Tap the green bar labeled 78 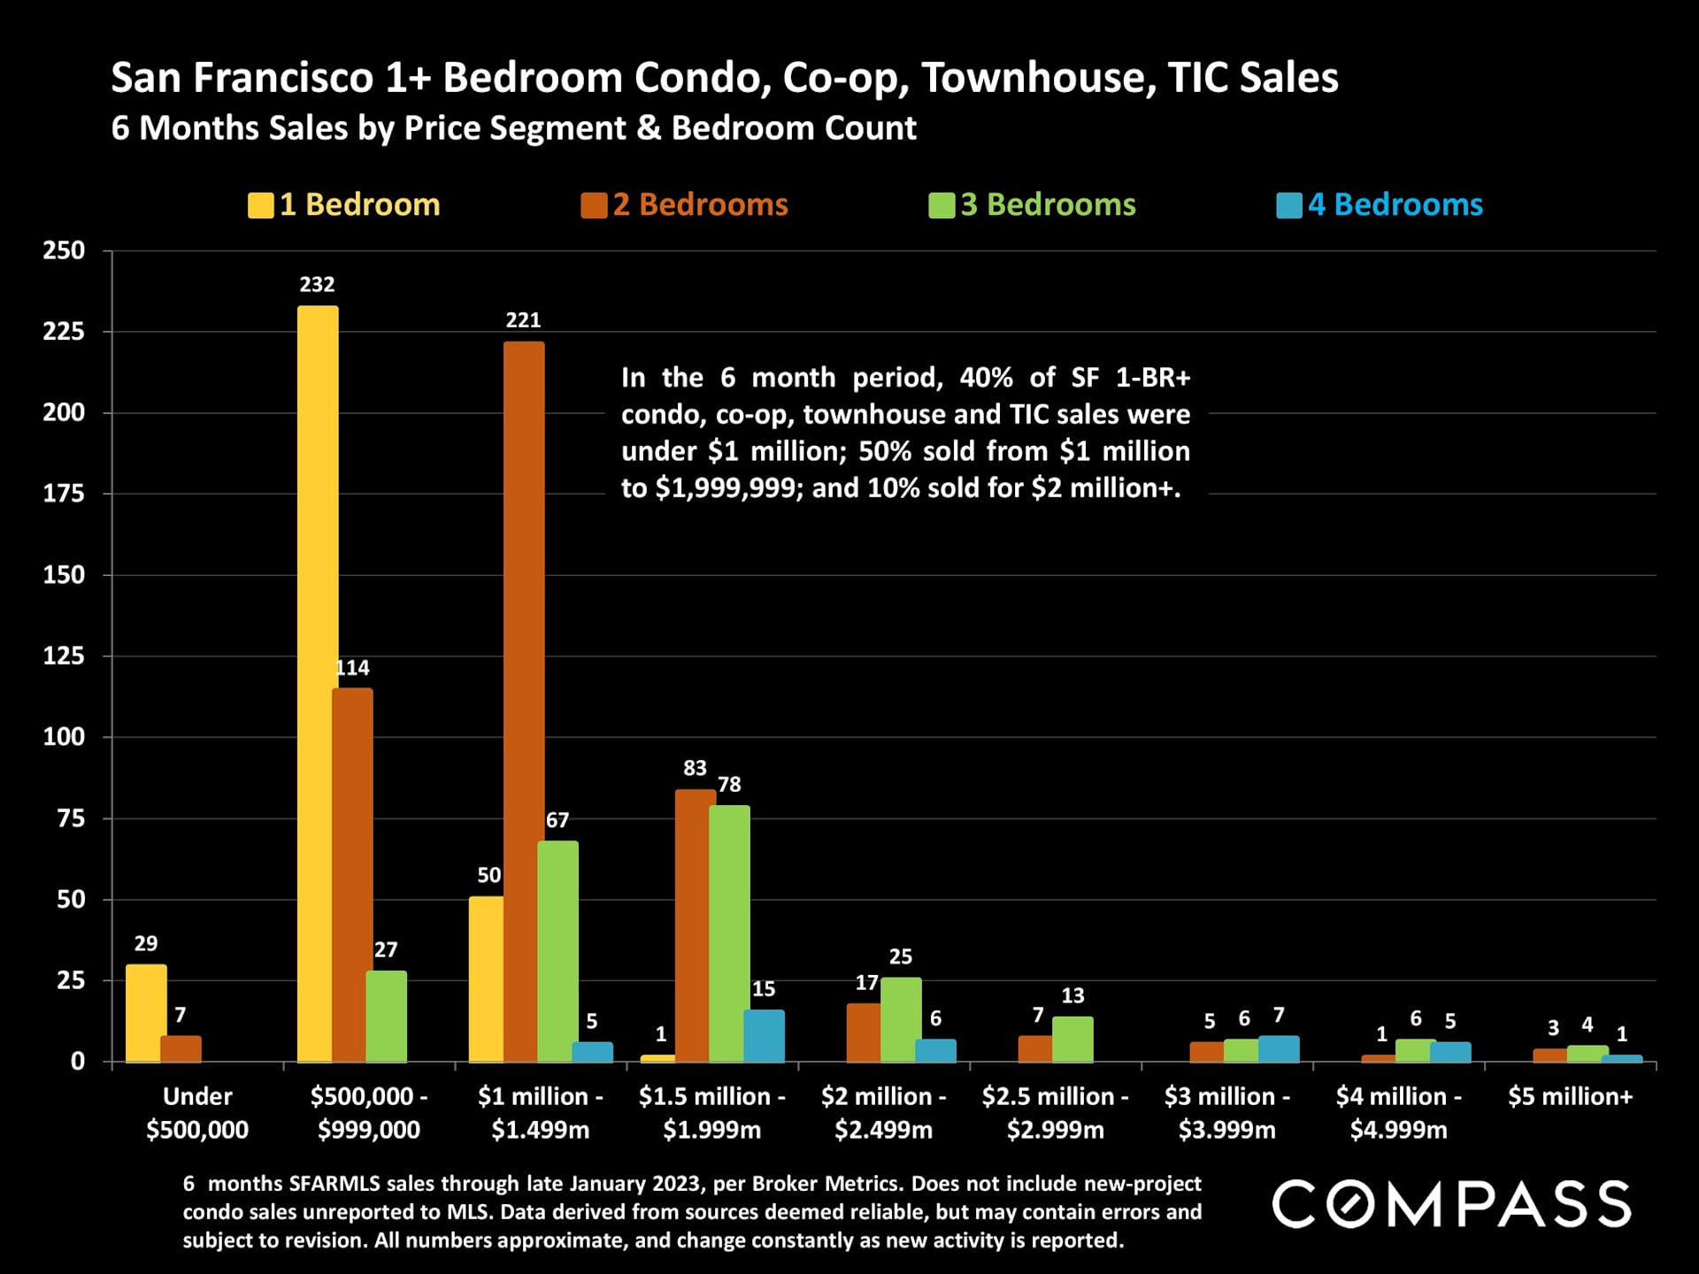pyautogui.click(x=729, y=932)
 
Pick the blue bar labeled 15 pyautogui.click(x=764, y=1035)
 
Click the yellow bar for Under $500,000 pyautogui.click(x=146, y=1012)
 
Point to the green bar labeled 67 pyautogui.click(x=557, y=950)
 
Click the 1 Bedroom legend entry pyautogui.click(x=344, y=205)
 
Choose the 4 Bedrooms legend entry pyautogui.click(x=1380, y=205)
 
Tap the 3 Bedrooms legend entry pyautogui.click(x=1032, y=205)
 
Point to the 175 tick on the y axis pyautogui.click(x=64, y=494)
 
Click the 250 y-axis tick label pyautogui.click(x=64, y=250)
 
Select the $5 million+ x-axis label pyautogui.click(x=1570, y=1097)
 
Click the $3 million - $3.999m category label pyautogui.click(x=1226, y=1113)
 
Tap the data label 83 pyautogui.click(x=695, y=768)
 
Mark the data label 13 pyautogui.click(x=1072, y=996)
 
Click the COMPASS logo pyautogui.click(x=1451, y=1204)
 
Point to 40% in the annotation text pyautogui.click(x=986, y=378)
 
